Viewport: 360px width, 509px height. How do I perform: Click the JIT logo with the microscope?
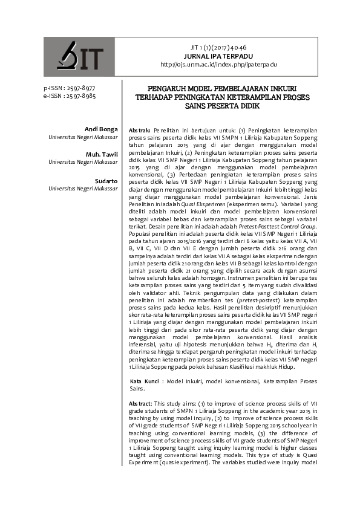click(79, 57)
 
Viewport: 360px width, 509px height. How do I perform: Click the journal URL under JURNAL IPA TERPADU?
click(218, 64)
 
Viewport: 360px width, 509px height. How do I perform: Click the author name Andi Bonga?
click(102, 129)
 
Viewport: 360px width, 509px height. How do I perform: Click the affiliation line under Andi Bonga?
click(83, 137)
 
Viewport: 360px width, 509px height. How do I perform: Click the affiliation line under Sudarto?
click(83, 189)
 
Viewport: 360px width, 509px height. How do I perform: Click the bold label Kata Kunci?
click(145, 382)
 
